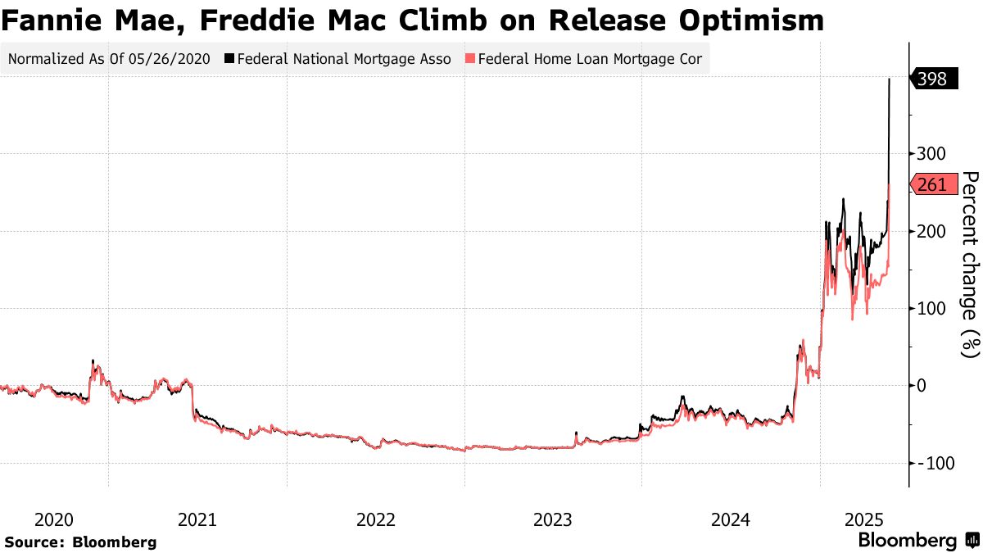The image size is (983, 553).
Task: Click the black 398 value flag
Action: [932, 79]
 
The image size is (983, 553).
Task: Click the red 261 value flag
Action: [932, 185]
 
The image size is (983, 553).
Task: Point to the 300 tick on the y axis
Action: [931, 154]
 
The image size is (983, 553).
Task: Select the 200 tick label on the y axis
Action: [931, 231]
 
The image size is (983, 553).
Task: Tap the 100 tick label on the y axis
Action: [931, 309]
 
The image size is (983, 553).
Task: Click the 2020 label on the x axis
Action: [54, 519]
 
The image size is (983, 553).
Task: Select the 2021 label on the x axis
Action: [197, 519]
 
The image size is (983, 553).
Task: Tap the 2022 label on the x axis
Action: [376, 519]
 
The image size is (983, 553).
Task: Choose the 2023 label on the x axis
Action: [554, 519]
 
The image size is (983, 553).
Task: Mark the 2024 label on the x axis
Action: [732, 519]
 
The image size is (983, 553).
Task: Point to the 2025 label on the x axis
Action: [863, 519]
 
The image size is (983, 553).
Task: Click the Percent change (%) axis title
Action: [970, 265]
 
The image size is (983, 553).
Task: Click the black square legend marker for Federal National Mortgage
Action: [229, 59]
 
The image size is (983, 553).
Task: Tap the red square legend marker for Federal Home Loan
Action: [469, 59]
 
